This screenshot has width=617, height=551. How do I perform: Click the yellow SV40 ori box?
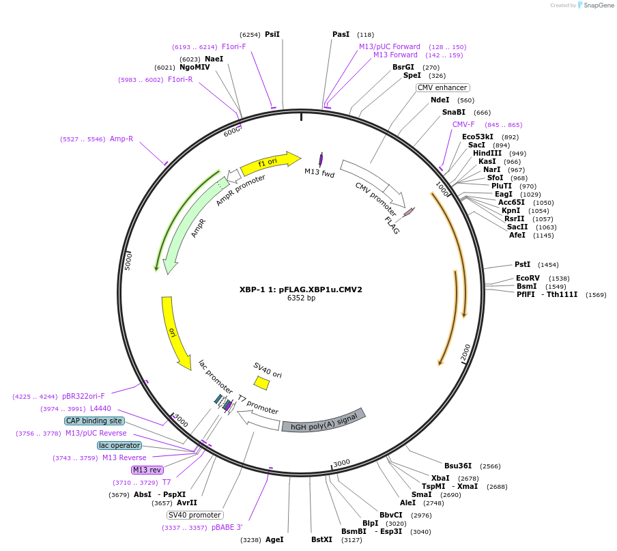point(261,383)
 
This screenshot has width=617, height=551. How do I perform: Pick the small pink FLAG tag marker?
point(408,212)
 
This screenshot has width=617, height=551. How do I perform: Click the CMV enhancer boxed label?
point(442,87)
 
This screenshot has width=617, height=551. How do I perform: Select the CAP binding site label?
point(95,421)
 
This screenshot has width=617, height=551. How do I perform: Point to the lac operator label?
point(119,445)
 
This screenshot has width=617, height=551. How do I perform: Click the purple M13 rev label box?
point(147,470)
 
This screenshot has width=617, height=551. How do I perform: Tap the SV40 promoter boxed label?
point(195,515)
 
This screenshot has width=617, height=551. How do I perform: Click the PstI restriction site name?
point(522,264)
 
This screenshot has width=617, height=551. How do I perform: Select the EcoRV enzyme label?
point(528,278)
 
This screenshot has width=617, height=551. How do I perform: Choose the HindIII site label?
point(487,153)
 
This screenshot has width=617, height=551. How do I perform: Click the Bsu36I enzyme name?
point(458,466)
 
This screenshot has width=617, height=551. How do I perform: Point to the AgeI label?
point(274,539)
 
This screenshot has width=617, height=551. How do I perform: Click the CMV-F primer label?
point(463,124)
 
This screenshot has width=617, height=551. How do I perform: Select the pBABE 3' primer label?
point(227,527)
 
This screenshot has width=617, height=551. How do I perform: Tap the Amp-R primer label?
point(121,139)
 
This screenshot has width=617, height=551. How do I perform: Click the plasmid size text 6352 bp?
point(301,298)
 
